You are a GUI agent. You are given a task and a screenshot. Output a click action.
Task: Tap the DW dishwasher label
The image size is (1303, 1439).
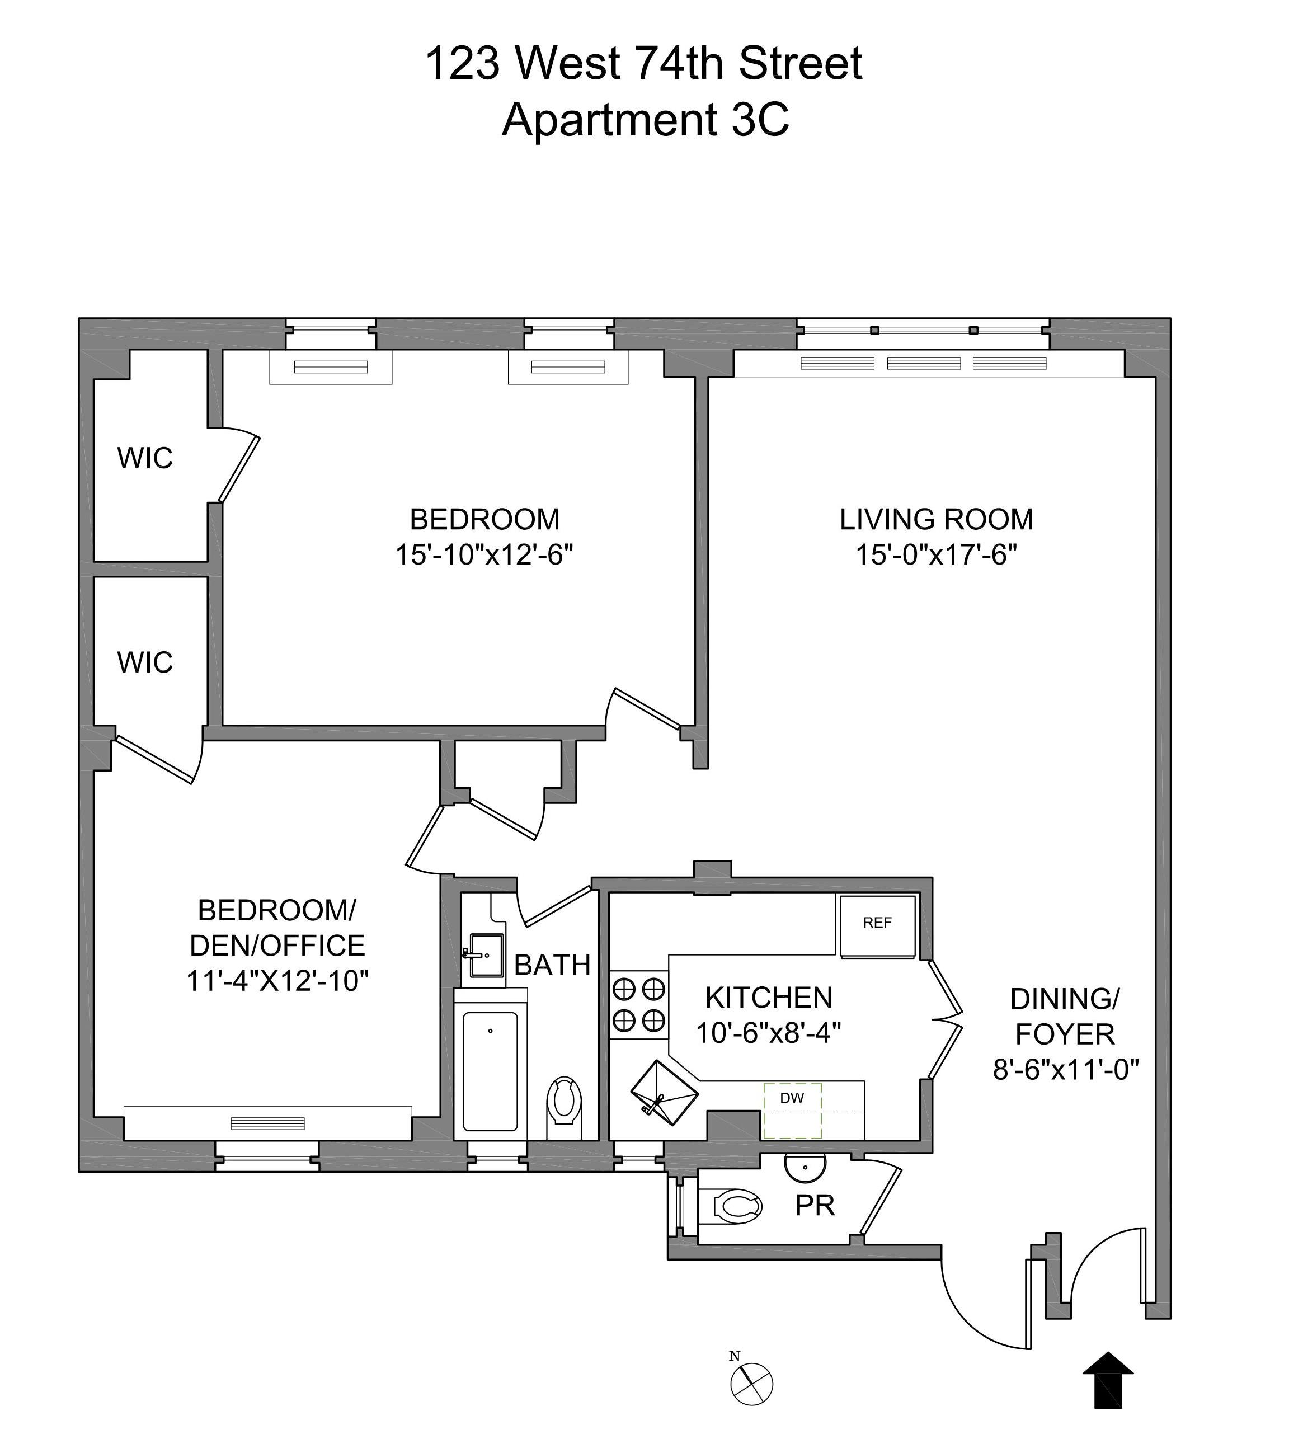pyautogui.click(x=791, y=1098)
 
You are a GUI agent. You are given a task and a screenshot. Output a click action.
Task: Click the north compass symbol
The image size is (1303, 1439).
pyautogui.click(x=751, y=1384)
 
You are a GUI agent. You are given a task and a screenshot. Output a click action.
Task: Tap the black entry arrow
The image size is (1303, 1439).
pyautogui.click(x=1108, y=1388)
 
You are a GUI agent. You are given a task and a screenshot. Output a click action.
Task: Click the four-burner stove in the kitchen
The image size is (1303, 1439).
pyautogui.click(x=639, y=1005)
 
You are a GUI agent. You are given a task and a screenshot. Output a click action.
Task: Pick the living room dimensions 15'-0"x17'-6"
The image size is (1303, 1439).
pyautogui.click(x=935, y=554)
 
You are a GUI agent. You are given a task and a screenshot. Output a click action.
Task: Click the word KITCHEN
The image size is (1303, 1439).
pyautogui.click(x=769, y=997)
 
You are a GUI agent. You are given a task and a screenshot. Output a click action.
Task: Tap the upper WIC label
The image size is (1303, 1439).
pyautogui.click(x=145, y=458)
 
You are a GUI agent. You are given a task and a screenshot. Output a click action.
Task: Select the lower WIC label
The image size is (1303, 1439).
pyautogui.click(x=145, y=662)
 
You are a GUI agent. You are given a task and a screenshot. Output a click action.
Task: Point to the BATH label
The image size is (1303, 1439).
pyautogui.click(x=552, y=965)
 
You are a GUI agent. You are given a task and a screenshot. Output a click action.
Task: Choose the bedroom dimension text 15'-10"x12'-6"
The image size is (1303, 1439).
pyautogui.click(x=484, y=554)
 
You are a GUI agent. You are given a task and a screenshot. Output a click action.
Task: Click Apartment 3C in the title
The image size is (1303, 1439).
pyautogui.click(x=645, y=119)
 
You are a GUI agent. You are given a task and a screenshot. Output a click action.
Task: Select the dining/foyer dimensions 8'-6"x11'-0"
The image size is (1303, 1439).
pyautogui.click(x=1065, y=1069)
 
